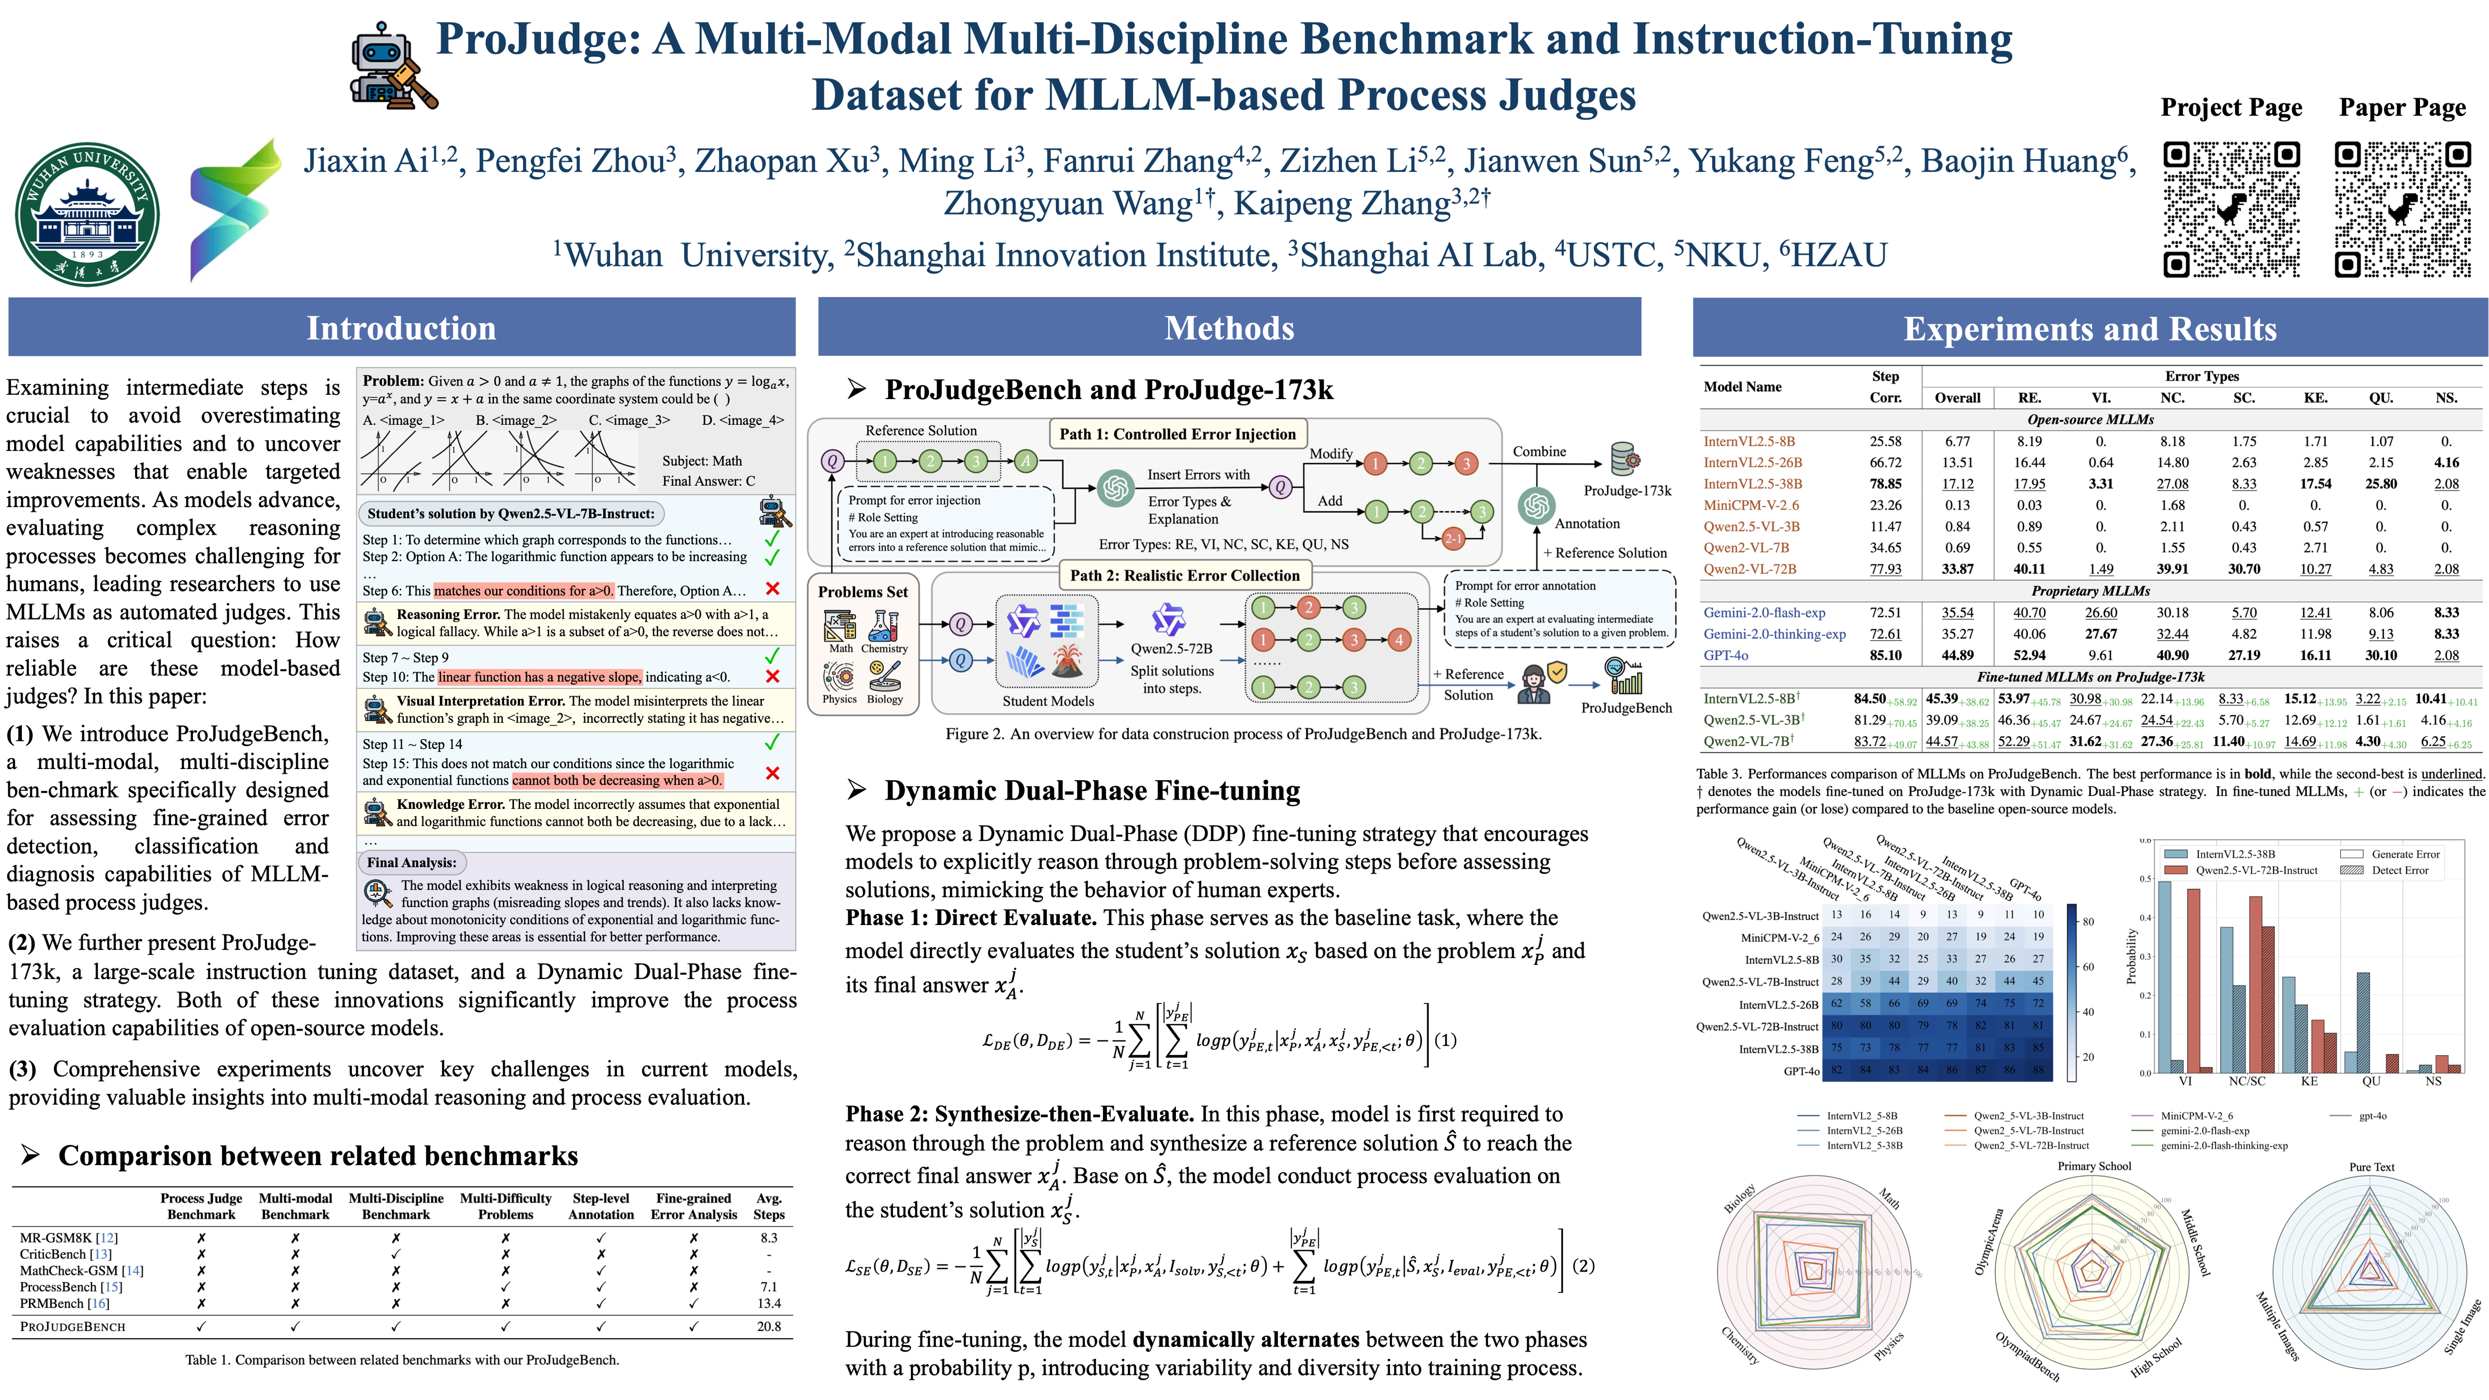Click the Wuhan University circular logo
[87, 214]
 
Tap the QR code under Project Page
[2231, 210]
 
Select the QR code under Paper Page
[2402, 210]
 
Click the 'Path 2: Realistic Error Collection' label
[1185, 575]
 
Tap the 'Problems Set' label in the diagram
[863, 591]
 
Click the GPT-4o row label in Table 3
[1726, 655]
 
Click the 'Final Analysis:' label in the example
[411, 862]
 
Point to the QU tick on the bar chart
[2371, 1081]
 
